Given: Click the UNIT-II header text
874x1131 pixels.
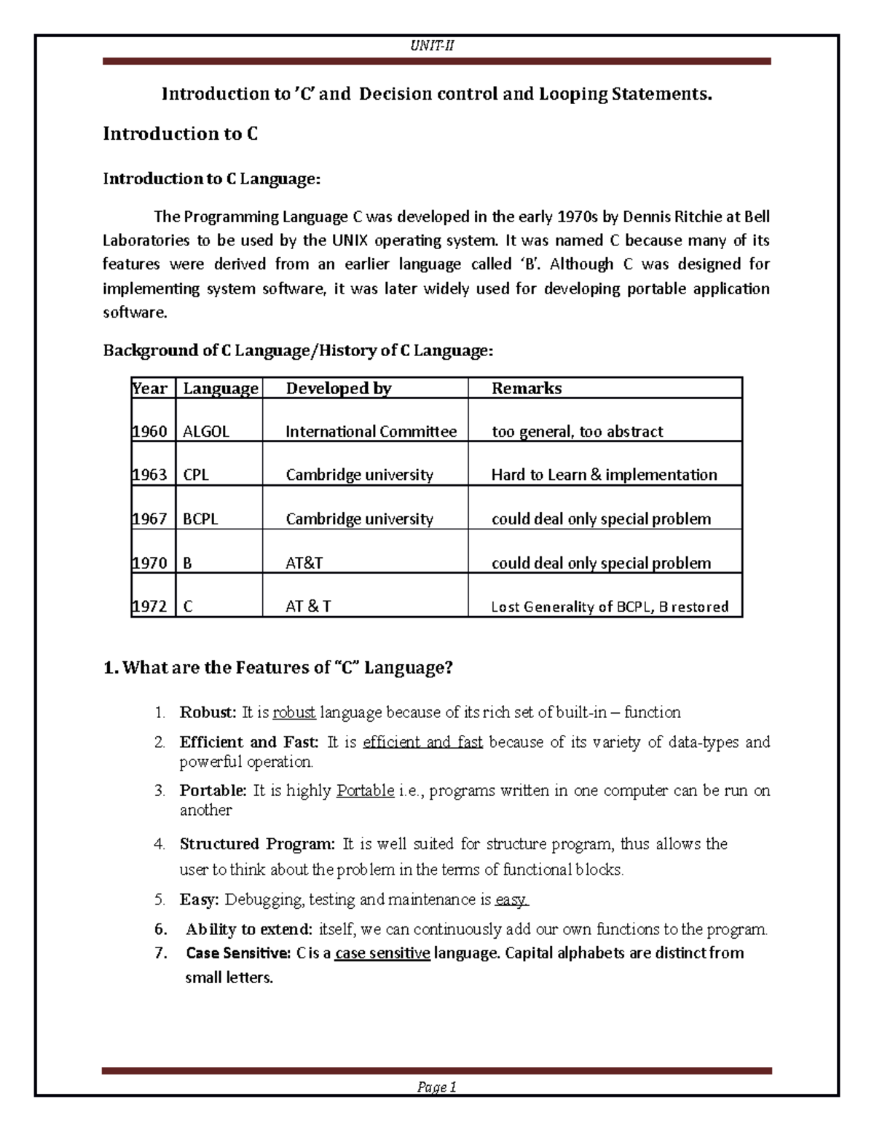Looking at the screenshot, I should tap(432, 46).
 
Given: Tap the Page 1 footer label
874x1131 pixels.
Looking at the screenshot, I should tap(436, 1087).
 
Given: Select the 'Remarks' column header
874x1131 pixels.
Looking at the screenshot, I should tap(526, 389).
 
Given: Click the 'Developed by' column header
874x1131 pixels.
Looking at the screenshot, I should tap(338, 389).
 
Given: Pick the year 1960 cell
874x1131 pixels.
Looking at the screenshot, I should tap(150, 432).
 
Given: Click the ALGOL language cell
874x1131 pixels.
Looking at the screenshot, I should tap(206, 432).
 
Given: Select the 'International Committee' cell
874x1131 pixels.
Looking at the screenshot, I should tap(371, 432).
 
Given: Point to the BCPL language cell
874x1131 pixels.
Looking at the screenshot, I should tap(200, 519).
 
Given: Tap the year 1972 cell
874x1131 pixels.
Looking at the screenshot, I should tap(150, 607).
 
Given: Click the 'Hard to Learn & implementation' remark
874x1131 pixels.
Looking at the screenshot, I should tap(604, 475).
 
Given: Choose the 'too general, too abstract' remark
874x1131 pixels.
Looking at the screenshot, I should tap(577, 432).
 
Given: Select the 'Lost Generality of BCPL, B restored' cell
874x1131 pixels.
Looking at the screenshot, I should tap(610, 607).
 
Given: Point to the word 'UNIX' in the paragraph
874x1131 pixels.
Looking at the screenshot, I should tap(350, 241).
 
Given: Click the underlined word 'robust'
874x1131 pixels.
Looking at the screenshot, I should tap(294, 712).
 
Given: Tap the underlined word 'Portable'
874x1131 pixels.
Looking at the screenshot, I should tap(365, 791).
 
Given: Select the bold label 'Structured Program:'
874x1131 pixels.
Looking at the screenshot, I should tap(257, 844).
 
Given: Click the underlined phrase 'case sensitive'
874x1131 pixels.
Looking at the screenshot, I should tap(382, 953).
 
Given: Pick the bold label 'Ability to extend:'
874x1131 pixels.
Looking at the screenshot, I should tap(249, 929).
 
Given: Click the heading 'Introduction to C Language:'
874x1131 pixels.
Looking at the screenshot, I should tap(211, 179).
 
